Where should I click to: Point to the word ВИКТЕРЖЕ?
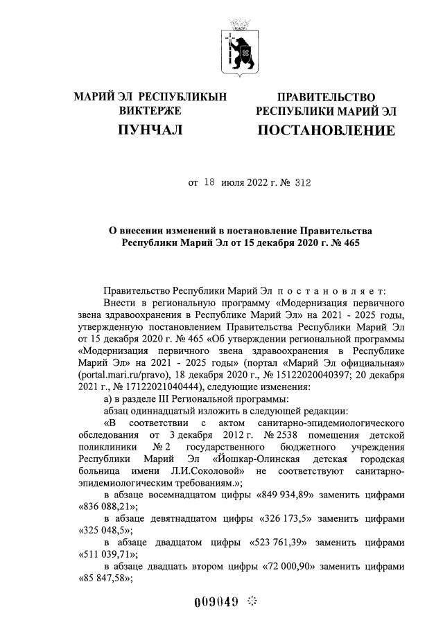coord(150,111)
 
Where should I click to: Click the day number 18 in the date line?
coord(210,184)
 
